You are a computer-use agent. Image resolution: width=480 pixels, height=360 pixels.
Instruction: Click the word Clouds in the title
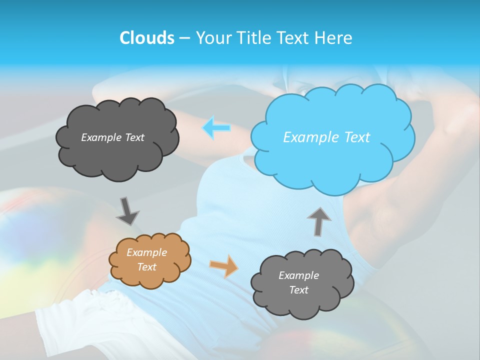click(146, 38)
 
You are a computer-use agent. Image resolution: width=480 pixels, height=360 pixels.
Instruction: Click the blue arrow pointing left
click(216, 128)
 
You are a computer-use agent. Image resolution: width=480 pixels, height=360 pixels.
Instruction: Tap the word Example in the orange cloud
click(146, 252)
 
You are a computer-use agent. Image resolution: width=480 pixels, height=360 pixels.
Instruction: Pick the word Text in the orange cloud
click(146, 267)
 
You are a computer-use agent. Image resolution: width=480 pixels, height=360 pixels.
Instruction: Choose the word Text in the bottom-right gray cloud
click(298, 290)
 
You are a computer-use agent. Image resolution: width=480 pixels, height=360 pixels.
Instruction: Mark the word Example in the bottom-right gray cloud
click(298, 275)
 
